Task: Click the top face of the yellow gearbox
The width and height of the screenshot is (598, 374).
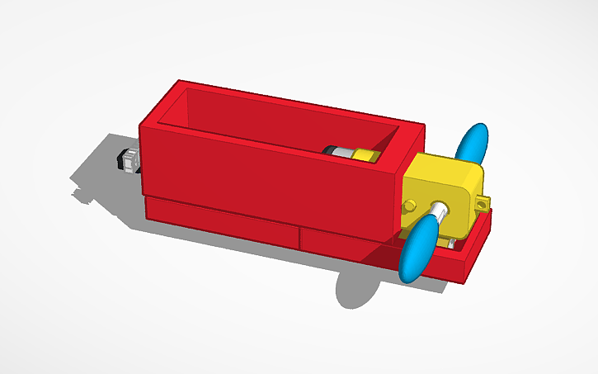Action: (x=445, y=169)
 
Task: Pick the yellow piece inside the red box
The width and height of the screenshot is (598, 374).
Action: (x=363, y=154)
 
